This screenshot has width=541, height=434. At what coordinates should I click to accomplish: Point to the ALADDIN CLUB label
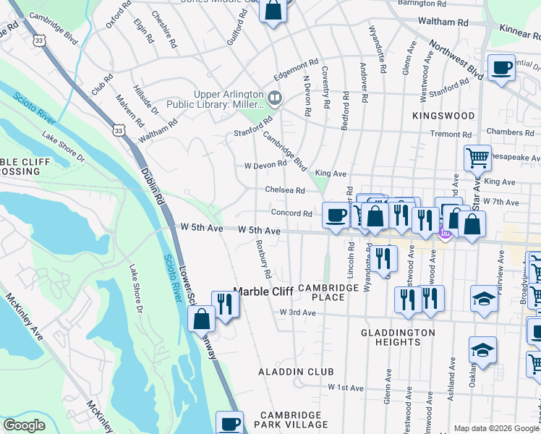pyautogui.click(x=297, y=372)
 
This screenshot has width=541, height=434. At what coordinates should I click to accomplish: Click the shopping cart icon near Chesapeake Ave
pyautogui.click(x=477, y=156)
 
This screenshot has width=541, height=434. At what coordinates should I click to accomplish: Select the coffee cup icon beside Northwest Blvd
pyautogui.click(x=501, y=69)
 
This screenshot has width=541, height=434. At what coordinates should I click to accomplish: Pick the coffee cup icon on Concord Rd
pyautogui.click(x=336, y=215)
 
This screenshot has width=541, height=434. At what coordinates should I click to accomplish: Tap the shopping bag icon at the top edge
pyautogui.click(x=273, y=10)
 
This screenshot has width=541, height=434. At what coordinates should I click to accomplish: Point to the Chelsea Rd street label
pyautogui.click(x=284, y=190)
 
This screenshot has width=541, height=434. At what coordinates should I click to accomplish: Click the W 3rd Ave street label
pyautogui.click(x=298, y=312)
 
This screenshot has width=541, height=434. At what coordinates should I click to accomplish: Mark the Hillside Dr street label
pyautogui.click(x=146, y=101)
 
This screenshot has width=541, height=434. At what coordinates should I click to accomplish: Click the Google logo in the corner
pyautogui.click(x=24, y=425)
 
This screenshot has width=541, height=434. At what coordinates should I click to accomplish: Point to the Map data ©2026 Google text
pyautogui.click(x=496, y=428)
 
